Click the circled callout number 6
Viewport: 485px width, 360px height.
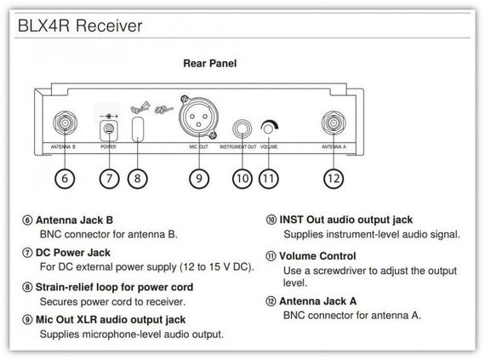point(65,179)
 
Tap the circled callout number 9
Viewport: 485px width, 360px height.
point(199,179)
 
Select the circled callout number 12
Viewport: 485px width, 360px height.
point(334,179)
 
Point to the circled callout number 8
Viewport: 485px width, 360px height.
point(137,179)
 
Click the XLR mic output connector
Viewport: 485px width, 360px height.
point(198,117)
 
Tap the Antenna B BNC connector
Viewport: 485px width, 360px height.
point(65,123)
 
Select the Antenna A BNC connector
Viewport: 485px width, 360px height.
point(334,123)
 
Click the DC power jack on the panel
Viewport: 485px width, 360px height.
point(109,130)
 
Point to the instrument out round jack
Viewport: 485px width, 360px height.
point(242,129)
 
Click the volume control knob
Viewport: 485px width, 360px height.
point(269,128)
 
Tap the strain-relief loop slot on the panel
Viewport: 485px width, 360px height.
point(138,129)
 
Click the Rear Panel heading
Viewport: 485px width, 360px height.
point(210,63)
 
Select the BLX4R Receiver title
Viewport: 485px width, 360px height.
point(80,26)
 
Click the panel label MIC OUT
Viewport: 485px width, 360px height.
point(198,147)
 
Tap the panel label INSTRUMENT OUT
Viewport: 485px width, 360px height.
point(238,147)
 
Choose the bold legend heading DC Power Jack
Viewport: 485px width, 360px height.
point(73,253)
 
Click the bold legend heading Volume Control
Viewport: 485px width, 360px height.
point(317,256)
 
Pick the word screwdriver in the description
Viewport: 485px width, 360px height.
point(341,271)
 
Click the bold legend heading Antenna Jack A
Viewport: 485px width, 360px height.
point(318,301)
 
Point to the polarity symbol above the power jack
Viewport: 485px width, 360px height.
point(109,117)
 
